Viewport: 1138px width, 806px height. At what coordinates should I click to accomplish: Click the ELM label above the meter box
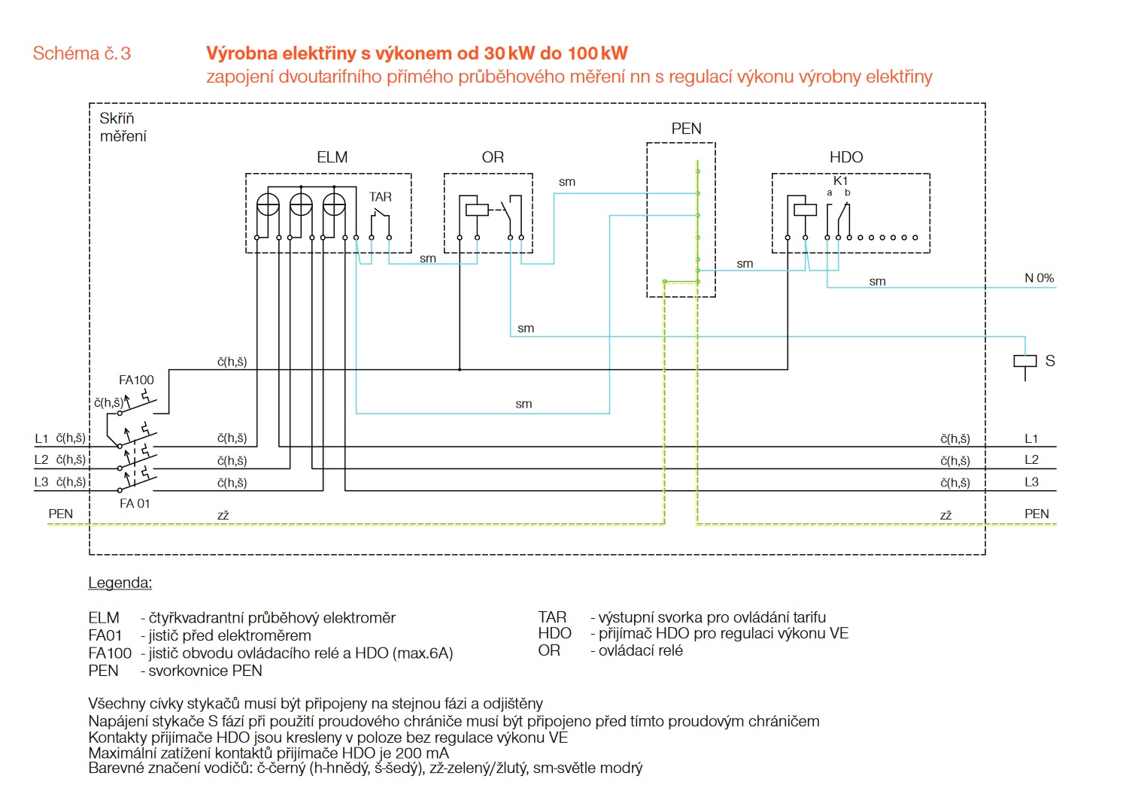332,157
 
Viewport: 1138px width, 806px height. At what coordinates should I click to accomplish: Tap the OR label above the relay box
493,157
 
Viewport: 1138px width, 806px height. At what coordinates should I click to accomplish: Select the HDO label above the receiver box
846,157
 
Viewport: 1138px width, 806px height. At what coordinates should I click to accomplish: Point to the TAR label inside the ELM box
381,197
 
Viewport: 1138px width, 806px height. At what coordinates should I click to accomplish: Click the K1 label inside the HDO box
840,181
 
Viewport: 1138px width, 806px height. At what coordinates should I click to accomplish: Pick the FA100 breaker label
136,380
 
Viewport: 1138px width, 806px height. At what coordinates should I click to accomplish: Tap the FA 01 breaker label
135,504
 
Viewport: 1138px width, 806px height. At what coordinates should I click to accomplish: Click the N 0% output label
1039,278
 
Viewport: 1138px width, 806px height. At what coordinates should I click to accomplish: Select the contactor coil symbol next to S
1024,361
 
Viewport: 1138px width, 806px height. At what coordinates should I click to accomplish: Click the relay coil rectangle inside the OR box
477,209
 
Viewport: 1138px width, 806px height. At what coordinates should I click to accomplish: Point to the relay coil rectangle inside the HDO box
805,209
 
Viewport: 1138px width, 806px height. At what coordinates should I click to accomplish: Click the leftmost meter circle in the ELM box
268,205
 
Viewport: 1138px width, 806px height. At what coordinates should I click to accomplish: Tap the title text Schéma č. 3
81,53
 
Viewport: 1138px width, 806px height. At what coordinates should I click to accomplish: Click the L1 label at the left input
41,438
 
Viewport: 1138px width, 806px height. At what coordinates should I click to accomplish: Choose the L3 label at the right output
1031,482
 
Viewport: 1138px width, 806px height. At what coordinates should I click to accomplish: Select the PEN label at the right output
1036,514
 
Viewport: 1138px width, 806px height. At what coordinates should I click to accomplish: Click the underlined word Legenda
120,583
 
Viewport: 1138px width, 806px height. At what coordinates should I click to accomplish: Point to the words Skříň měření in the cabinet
123,127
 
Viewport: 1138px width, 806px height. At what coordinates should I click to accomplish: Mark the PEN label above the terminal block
686,129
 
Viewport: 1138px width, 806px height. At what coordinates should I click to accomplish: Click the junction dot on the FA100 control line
460,369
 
